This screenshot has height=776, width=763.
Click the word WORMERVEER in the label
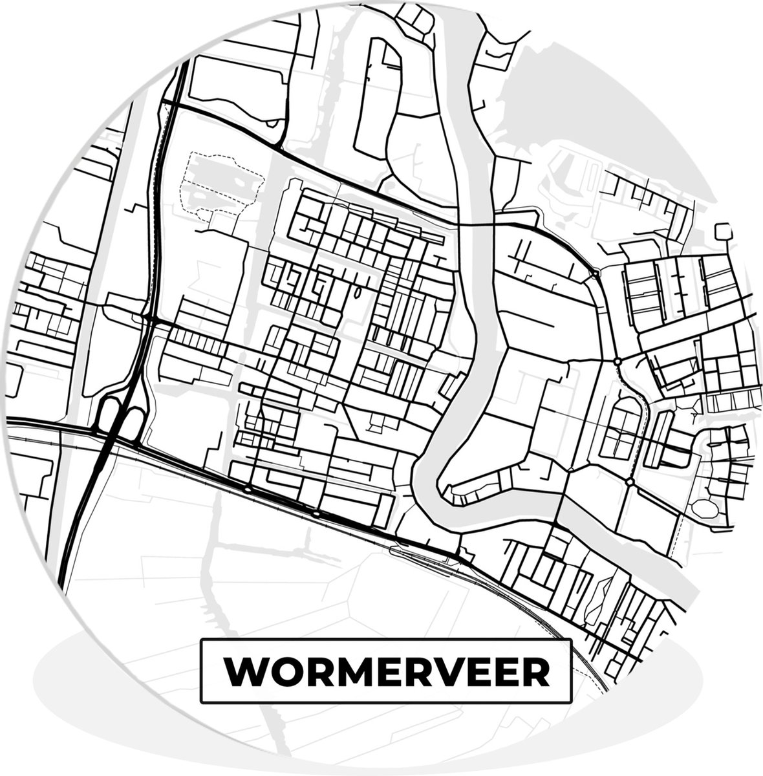pos(386,673)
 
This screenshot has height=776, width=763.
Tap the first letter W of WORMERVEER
pos(241,673)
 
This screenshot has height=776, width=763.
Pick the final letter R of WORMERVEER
pos(535,673)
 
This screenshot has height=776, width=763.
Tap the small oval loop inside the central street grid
pos(358,292)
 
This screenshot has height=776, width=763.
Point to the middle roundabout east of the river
pos(618,361)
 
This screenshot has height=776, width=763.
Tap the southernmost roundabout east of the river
pos(629,482)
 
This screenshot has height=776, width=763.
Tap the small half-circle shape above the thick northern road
pos(274,123)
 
